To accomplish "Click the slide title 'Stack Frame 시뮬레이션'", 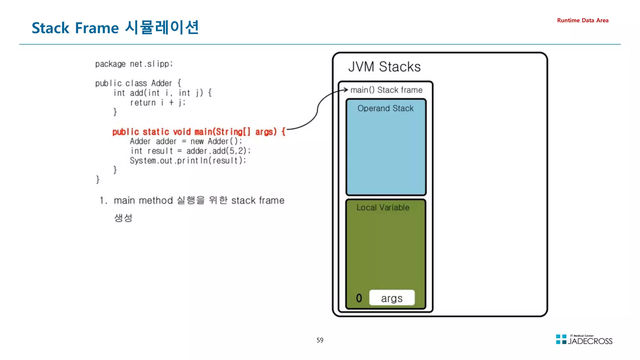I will tap(115, 27).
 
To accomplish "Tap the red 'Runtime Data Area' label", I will tap(582, 20).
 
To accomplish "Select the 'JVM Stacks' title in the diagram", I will tap(384, 67).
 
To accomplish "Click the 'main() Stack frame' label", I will tap(386, 90).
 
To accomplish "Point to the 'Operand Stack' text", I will tap(385, 108).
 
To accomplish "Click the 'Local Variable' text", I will tap(383, 207).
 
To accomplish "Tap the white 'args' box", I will tap(392, 298).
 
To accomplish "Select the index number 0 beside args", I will tap(359, 298).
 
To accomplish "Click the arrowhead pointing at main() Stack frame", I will tap(346, 90).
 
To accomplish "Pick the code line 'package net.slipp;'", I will tap(134, 64).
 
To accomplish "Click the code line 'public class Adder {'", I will tap(138, 83).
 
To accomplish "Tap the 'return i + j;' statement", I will tap(158, 102).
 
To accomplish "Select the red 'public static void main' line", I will tap(199, 132).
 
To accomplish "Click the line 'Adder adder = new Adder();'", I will tap(186, 141).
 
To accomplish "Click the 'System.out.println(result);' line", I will tap(188, 161).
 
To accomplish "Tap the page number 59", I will tap(320, 340).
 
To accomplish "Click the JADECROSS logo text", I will tap(590, 341).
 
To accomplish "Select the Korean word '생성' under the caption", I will tap(123, 218).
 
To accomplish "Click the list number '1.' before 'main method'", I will tap(103, 200).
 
